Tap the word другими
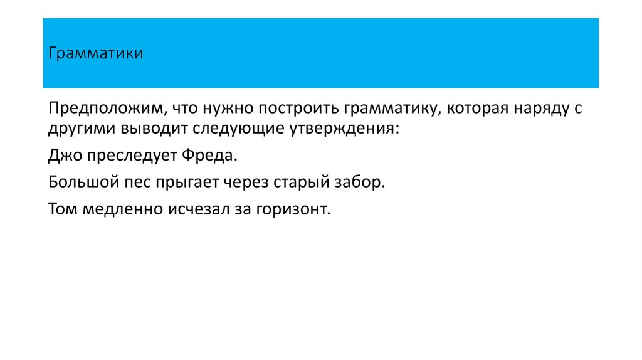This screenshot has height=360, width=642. point(75,129)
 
